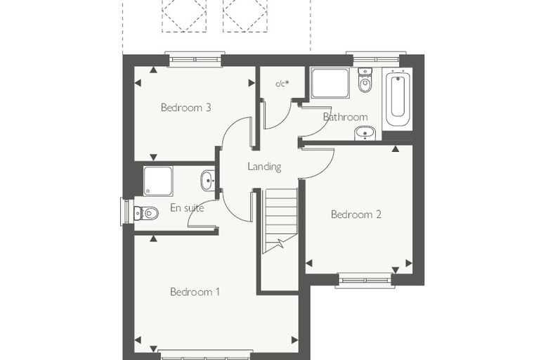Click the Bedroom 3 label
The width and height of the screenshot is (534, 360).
(186, 108)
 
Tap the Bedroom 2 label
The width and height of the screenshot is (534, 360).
(356, 214)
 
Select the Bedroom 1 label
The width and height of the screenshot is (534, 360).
(195, 292)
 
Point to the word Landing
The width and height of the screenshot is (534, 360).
(264, 167)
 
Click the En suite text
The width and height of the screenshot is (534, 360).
(187, 208)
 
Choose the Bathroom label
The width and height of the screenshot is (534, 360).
(345, 117)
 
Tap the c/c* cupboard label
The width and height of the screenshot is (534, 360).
(282, 83)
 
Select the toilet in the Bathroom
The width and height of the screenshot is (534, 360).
(365, 80)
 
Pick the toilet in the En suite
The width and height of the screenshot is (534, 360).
(146, 213)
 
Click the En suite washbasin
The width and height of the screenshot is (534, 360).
(207, 180)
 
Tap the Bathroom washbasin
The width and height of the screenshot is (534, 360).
(365, 133)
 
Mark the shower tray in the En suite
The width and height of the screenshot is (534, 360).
(158, 181)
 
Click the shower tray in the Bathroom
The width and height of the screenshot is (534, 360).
(330, 84)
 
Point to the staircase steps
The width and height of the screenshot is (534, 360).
(280, 221)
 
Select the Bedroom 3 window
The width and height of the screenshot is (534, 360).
(195, 59)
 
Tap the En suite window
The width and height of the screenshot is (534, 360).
(127, 212)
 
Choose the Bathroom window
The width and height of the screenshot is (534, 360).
(376, 59)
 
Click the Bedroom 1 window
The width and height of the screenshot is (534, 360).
(206, 355)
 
